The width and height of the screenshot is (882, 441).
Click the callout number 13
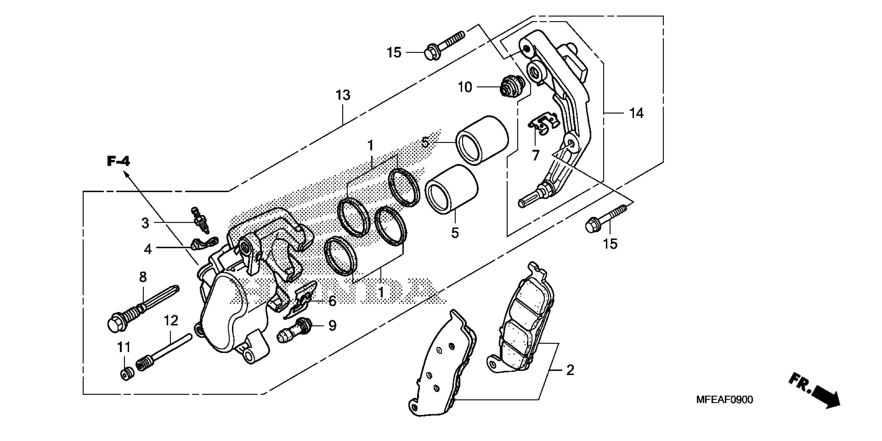(343, 95)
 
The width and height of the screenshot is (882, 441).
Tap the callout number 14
(636, 113)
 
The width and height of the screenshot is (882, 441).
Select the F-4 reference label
(118, 161)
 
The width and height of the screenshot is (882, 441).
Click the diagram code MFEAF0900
(724, 399)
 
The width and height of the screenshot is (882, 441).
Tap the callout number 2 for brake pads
(570, 370)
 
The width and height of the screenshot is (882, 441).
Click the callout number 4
(147, 249)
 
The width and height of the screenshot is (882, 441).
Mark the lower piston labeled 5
(451, 189)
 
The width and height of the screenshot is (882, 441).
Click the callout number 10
(465, 87)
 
